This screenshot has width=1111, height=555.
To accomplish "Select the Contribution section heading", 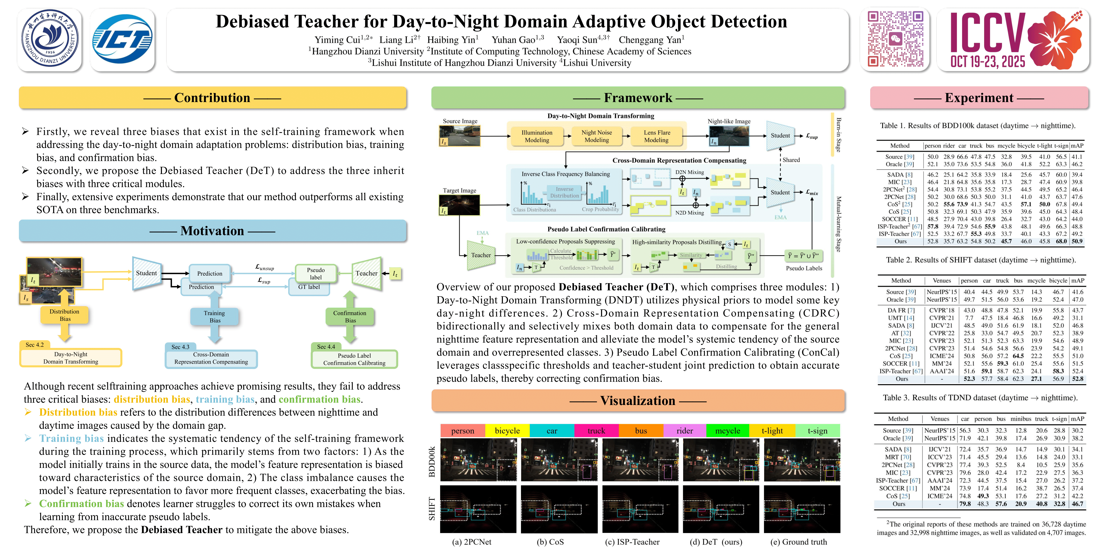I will [x=212, y=98].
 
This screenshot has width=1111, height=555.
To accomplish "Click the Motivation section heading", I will [x=212, y=231].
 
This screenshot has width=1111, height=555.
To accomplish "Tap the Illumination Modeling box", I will [x=537, y=136].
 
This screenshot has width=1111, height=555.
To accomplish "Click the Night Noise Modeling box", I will [x=596, y=136].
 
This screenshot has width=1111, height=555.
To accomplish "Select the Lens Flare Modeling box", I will [x=656, y=136].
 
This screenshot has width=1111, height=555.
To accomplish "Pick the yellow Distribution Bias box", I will [x=65, y=315].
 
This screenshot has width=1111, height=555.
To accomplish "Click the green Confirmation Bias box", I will [x=350, y=317].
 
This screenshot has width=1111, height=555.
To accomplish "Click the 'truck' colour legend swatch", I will [x=596, y=430].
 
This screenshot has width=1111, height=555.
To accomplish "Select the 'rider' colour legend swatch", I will [x=684, y=430].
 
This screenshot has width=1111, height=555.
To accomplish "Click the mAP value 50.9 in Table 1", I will [x=1077, y=241].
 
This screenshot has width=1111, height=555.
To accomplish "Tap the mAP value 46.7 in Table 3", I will [x=1077, y=504].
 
